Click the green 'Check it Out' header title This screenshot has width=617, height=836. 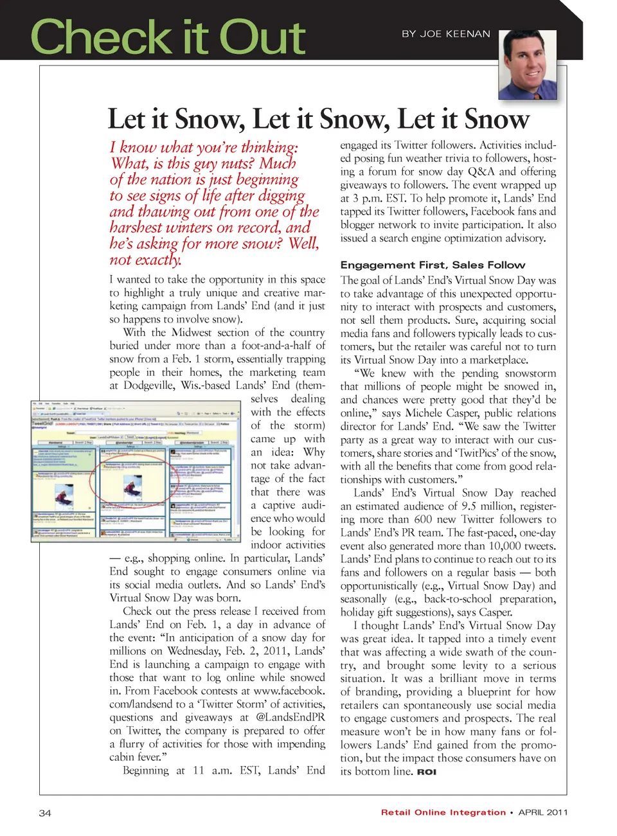[168, 37]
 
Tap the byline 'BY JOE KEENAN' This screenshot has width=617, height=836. [445, 34]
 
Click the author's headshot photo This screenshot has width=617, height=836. [528, 64]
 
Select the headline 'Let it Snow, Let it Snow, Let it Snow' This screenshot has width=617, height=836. [318, 120]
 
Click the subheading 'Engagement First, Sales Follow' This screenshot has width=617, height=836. [433, 265]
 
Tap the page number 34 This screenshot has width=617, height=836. [45, 813]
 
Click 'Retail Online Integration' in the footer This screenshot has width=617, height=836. [443, 812]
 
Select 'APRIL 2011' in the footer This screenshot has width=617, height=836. [543, 812]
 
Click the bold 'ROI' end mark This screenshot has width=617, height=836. [427, 772]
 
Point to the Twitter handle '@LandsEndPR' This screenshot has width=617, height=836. [291, 717]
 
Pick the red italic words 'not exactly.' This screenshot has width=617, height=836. [145, 260]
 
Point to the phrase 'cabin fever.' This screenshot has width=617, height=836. [138, 757]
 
